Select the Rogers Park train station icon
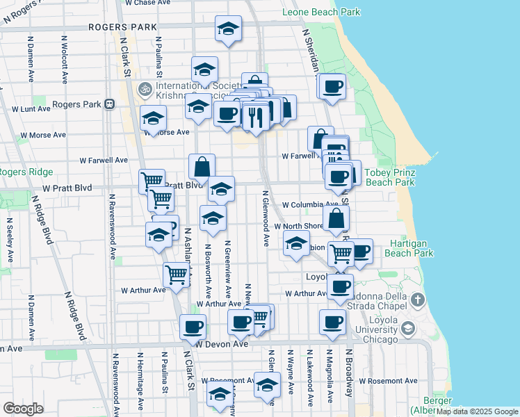coord(109,104)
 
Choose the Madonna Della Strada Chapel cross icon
coord(417,300)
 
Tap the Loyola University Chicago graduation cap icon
coord(408,328)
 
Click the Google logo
coord(23,408)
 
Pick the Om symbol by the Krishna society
coord(145,89)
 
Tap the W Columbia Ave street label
coord(310,205)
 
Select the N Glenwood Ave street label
coord(266,218)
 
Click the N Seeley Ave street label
coord(10,240)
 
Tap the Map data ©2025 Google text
coord(476,411)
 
